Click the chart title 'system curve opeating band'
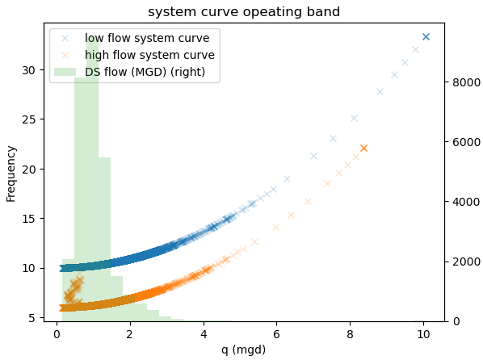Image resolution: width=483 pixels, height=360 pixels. pyautogui.click(x=243, y=12)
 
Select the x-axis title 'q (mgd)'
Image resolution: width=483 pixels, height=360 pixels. pyautogui.click(x=243, y=350)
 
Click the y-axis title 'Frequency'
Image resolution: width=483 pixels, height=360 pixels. pyautogui.click(x=11, y=174)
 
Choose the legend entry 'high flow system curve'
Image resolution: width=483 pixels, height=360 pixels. pyautogui.click(x=149, y=55)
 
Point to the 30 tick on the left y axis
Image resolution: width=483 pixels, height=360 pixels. pyautogui.click(x=30, y=70)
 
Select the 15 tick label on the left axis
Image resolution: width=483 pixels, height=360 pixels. pyautogui.click(x=30, y=219)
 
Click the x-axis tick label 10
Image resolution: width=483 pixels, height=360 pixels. pyautogui.click(x=422, y=333)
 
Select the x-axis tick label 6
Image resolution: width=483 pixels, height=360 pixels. pyautogui.click(x=276, y=333)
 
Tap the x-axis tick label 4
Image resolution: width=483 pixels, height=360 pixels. pyautogui.click(x=204, y=333)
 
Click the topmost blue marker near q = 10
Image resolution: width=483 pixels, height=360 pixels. pyautogui.click(x=426, y=37)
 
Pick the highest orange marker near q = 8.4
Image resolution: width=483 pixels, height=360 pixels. pyautogui.click(x=363, y=149)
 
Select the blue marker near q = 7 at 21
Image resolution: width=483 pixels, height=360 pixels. pyautogui.click(x=313, y=157)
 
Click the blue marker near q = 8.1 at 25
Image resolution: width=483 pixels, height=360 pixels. pyautogui.click(x=354, y=118)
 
